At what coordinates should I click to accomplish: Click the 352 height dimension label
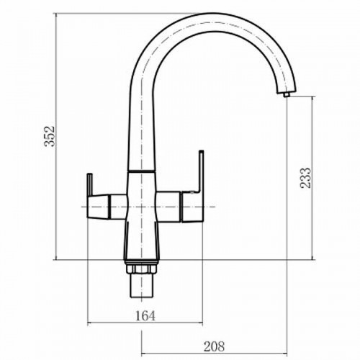coord(50,136)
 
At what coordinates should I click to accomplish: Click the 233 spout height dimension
coord(305,178)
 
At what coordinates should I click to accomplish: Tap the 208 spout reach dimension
coord(214,346)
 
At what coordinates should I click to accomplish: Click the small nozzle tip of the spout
coord(286,94)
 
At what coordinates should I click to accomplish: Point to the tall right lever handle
coord(201,171)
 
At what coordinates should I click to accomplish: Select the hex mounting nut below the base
coord(140,269)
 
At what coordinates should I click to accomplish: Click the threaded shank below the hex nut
coord(141,286)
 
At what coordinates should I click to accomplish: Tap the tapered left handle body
coord(99,207)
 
